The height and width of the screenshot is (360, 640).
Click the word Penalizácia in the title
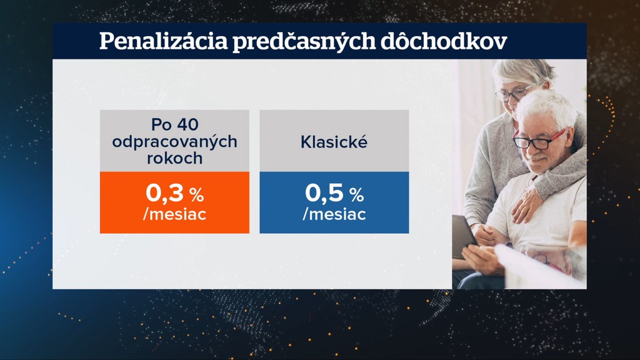163,41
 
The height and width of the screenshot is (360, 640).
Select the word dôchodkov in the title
444,41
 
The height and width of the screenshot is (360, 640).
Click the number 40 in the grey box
187,124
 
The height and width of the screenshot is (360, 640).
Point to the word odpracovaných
175,142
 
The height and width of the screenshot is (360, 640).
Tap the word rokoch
175,158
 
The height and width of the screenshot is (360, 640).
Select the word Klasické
334,142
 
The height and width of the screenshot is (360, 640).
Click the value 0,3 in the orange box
164,192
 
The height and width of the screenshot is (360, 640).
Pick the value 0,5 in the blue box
324,192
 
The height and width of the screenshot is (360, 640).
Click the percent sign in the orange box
196,195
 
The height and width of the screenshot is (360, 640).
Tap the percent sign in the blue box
356,195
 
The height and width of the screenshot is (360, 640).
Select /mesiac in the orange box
175,214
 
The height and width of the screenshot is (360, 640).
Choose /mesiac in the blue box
334,214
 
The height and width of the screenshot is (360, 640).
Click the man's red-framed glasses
538,140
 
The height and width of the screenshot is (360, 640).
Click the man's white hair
547,107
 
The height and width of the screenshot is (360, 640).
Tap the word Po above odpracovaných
161,124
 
